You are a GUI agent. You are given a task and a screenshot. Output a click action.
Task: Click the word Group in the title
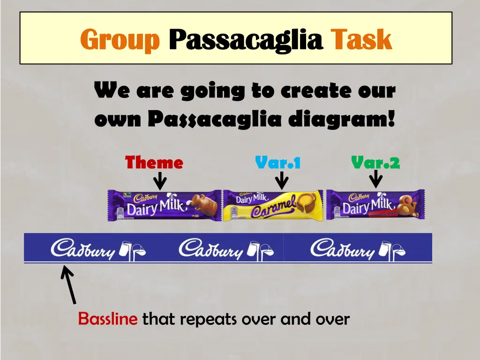[120, 39]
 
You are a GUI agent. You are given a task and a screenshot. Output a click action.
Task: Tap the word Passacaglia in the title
[246, 39]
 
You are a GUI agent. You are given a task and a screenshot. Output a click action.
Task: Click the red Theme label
[154, 163]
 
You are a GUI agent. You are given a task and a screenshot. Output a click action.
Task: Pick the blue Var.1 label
[277, 163]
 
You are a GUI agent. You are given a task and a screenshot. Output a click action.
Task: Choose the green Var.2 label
[375, 163]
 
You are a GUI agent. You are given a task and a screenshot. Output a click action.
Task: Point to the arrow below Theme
[160, 180]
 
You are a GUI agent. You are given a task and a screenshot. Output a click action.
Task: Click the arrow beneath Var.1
[282, 180]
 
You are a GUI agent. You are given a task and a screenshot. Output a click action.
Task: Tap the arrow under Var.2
[375, 179]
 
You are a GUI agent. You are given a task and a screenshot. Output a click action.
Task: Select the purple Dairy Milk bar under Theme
[165, 205]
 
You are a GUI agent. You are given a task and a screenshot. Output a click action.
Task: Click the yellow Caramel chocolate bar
[273, 205]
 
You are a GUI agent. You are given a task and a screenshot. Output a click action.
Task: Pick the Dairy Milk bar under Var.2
[375, 205]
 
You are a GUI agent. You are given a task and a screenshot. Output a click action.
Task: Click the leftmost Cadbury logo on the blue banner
[98, 248]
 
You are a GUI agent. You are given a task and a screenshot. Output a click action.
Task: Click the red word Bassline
[108, 319]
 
